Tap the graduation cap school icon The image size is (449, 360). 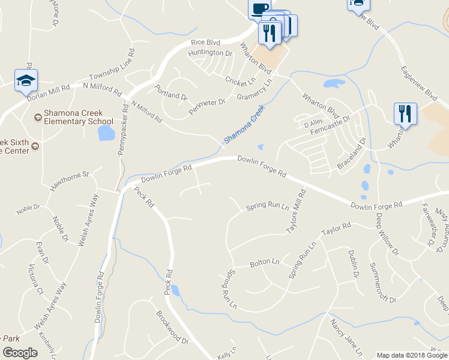coord(26,80)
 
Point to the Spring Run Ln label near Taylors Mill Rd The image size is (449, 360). coord(268,208)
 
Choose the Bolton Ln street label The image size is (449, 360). coord(265,263)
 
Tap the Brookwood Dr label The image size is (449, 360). coord(172,327)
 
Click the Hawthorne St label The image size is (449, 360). coord(69,181)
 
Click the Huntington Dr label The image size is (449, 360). coord(210,53)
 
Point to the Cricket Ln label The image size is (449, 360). coord(240,80)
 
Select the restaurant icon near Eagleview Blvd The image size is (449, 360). coord(405,114)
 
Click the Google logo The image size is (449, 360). coord(20,352)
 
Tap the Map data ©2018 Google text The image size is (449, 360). coord(411,355)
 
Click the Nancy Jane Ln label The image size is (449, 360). coord(342,340)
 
